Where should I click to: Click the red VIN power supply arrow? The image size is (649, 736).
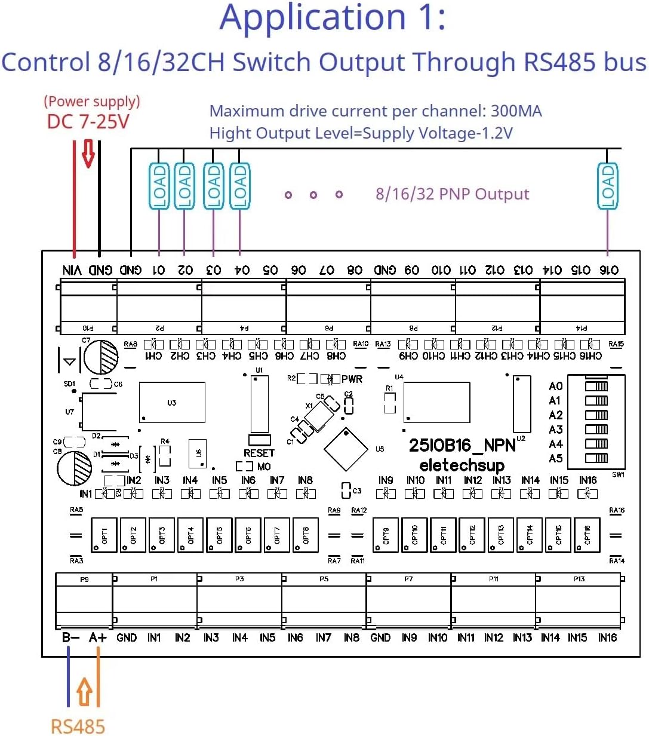coord(88,154)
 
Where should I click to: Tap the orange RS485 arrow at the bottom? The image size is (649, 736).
coord(84,692)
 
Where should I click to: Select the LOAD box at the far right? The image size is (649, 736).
coord(608,186)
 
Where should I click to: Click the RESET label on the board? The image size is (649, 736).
coord(259,453)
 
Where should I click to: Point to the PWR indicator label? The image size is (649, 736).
coord(352,379)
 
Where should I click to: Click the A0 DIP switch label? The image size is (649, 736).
coord(556,387)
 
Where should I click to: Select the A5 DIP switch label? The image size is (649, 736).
coord(556,459)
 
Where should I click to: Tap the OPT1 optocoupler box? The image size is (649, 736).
coord(104,535)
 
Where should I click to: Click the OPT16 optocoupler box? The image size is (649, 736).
coord(587,535)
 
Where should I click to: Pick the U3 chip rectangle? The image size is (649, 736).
coord(172,403)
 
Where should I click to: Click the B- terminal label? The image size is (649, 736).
coord(70,637)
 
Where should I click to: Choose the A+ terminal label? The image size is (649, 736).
coord(98,637)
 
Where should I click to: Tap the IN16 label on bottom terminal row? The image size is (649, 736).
coord(607,638)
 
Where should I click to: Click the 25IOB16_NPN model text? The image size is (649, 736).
coord(462,446)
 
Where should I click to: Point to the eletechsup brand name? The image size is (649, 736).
coord(462,465)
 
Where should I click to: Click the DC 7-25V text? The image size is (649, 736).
coord(88,122)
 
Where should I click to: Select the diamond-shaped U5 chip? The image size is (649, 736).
coord(346,449)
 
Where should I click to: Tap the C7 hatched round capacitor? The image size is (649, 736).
coord(101,357)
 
